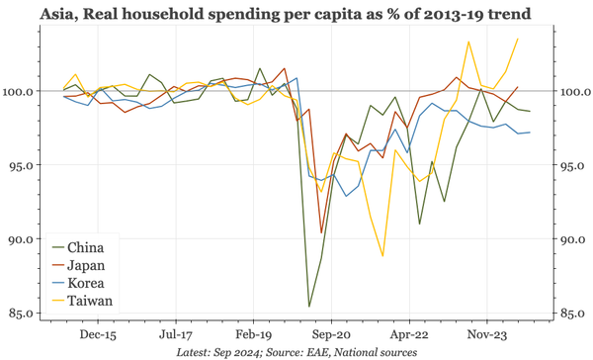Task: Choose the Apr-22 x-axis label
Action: [x=411, y=335]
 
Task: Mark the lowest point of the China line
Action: [x=309, y=306]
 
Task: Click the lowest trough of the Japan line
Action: [x=322, y=233]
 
